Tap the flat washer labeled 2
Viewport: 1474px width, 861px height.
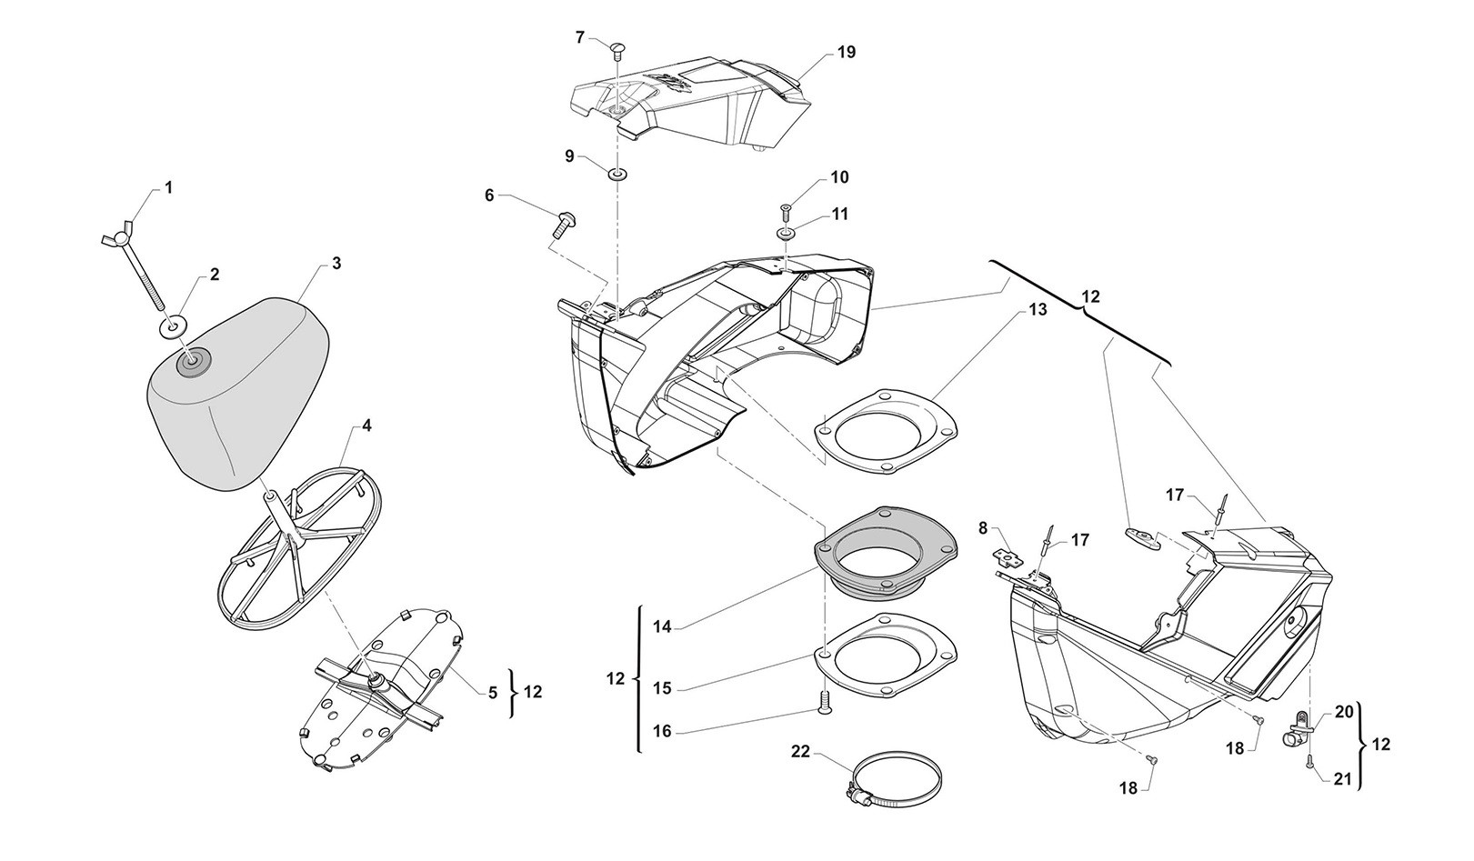pyautogui.click(x=175, y=325)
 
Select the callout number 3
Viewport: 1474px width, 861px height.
pyautogui.click(x=336, y=264)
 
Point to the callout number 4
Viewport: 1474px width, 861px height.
pyautogui.click(x=366, y=425)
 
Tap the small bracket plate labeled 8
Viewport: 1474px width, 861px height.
pyautogui.click(x=1007, y=554)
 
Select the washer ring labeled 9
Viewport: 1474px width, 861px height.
pyautogui.click(x=617, y=174)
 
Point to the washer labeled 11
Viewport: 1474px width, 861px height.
pyautogui.click(x=787, y=234)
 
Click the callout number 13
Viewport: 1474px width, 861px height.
pyautogui.click(x=1038, y=310)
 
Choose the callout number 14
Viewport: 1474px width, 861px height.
pyautogui.click(x=662, y=626)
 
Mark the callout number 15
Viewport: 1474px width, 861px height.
pyautogui.click(x=662, y=688)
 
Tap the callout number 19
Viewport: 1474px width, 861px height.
pyautogui.click(x=846, y=53)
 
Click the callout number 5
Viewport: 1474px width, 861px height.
pyautogui.click(x=492, y=693)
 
